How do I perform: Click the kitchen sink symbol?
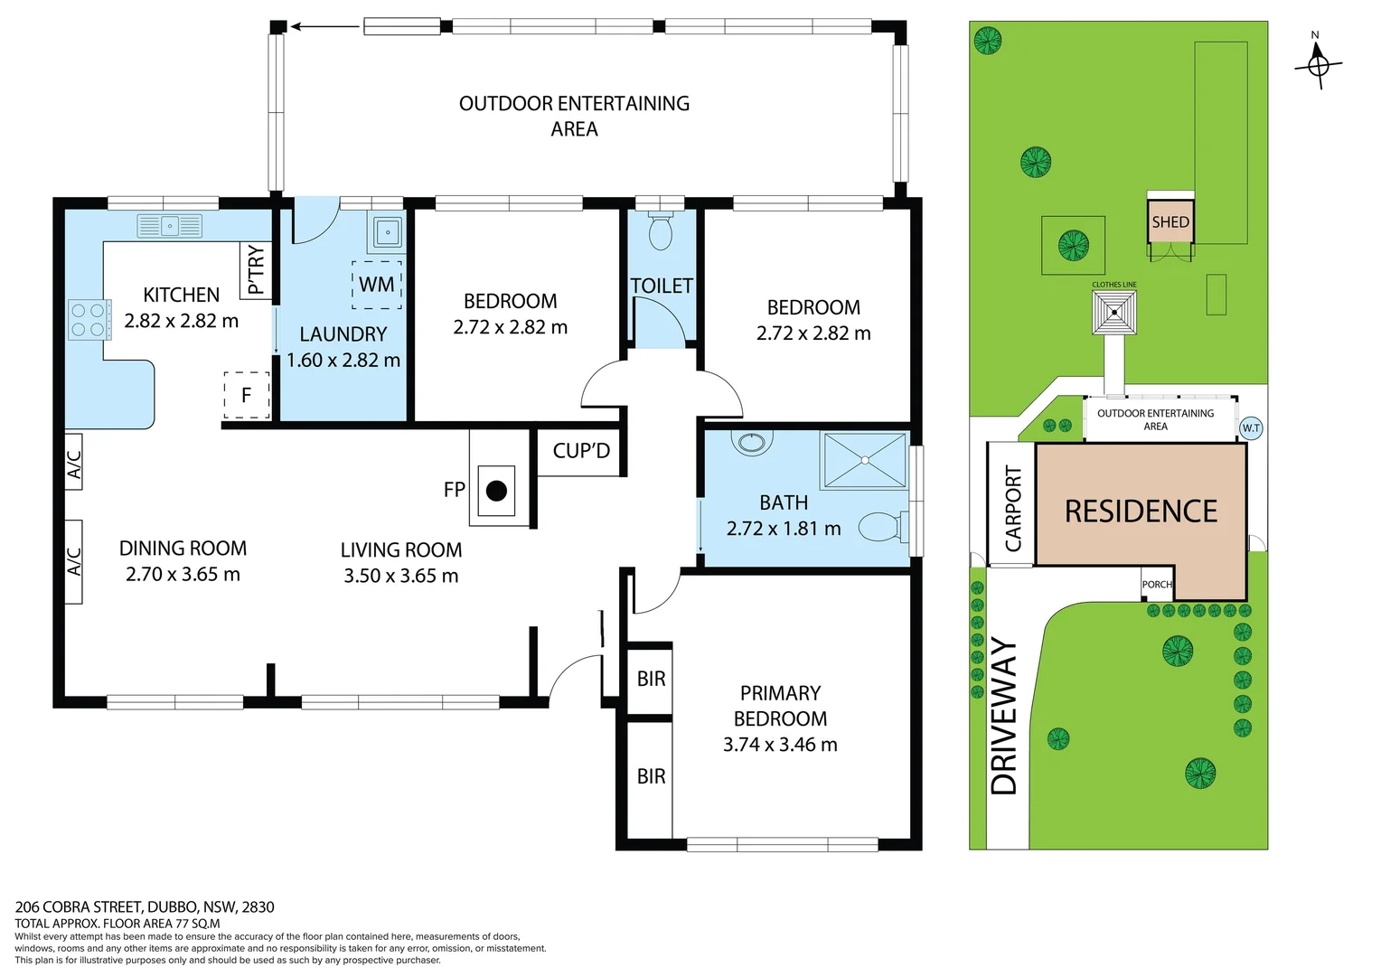[x=170, y=226]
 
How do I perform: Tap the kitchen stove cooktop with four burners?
[x=89, y=320]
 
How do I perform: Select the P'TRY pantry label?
[x=256, y=270]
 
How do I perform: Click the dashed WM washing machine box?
[x=377, y=285]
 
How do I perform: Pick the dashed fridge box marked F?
[x=247, y=395]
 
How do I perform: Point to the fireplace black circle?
[x=496, y=491]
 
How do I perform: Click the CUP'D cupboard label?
[x=581, y=451]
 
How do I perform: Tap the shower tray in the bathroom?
[x=864, y=461]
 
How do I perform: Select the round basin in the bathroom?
[x=752, y=442]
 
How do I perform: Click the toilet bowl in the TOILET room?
[x=661, y=231]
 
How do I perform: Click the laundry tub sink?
[x=387, y=232]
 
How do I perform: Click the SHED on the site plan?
[x=1170, y=221]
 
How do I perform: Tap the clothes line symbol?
[x=1114, y=313]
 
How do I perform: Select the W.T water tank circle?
[x=1251, y=427]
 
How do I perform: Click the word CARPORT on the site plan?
[x=1013, y=509]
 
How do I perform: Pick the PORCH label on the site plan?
[x=1157, y=585]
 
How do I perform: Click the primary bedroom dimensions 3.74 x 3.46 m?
[x=780, y=745]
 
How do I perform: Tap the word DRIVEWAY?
[x=1003, y=717]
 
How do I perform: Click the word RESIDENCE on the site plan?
[x=1141, y=511]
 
